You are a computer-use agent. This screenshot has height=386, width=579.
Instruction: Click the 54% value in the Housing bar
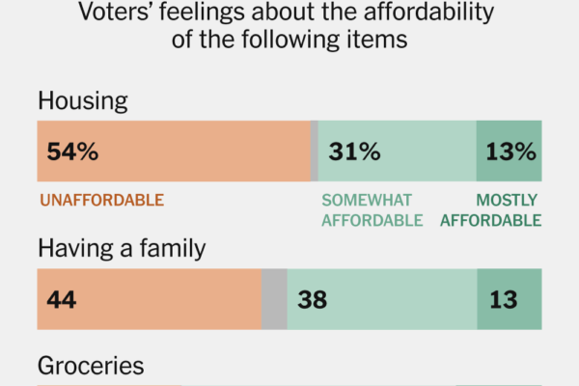pos(71,152)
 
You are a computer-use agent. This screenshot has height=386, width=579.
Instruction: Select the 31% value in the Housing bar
pos(353,152)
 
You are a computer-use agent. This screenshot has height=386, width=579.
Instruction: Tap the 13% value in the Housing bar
pos(510,152)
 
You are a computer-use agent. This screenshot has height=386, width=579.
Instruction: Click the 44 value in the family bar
pos(62,300)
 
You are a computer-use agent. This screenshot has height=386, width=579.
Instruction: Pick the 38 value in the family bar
pos(312,300)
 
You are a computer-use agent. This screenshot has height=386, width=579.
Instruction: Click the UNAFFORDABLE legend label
pos(101,201)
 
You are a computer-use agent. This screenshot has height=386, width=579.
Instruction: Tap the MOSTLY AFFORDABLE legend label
pos(490,210)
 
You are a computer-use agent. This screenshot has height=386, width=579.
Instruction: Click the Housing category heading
pos(82,101)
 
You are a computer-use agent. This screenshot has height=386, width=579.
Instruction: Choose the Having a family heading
pos(122,249)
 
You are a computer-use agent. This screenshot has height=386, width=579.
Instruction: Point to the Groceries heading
pos(91,367)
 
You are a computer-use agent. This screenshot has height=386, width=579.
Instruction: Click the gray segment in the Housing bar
pos(314,152)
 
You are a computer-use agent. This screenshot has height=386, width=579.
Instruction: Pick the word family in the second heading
pos(177,249)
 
